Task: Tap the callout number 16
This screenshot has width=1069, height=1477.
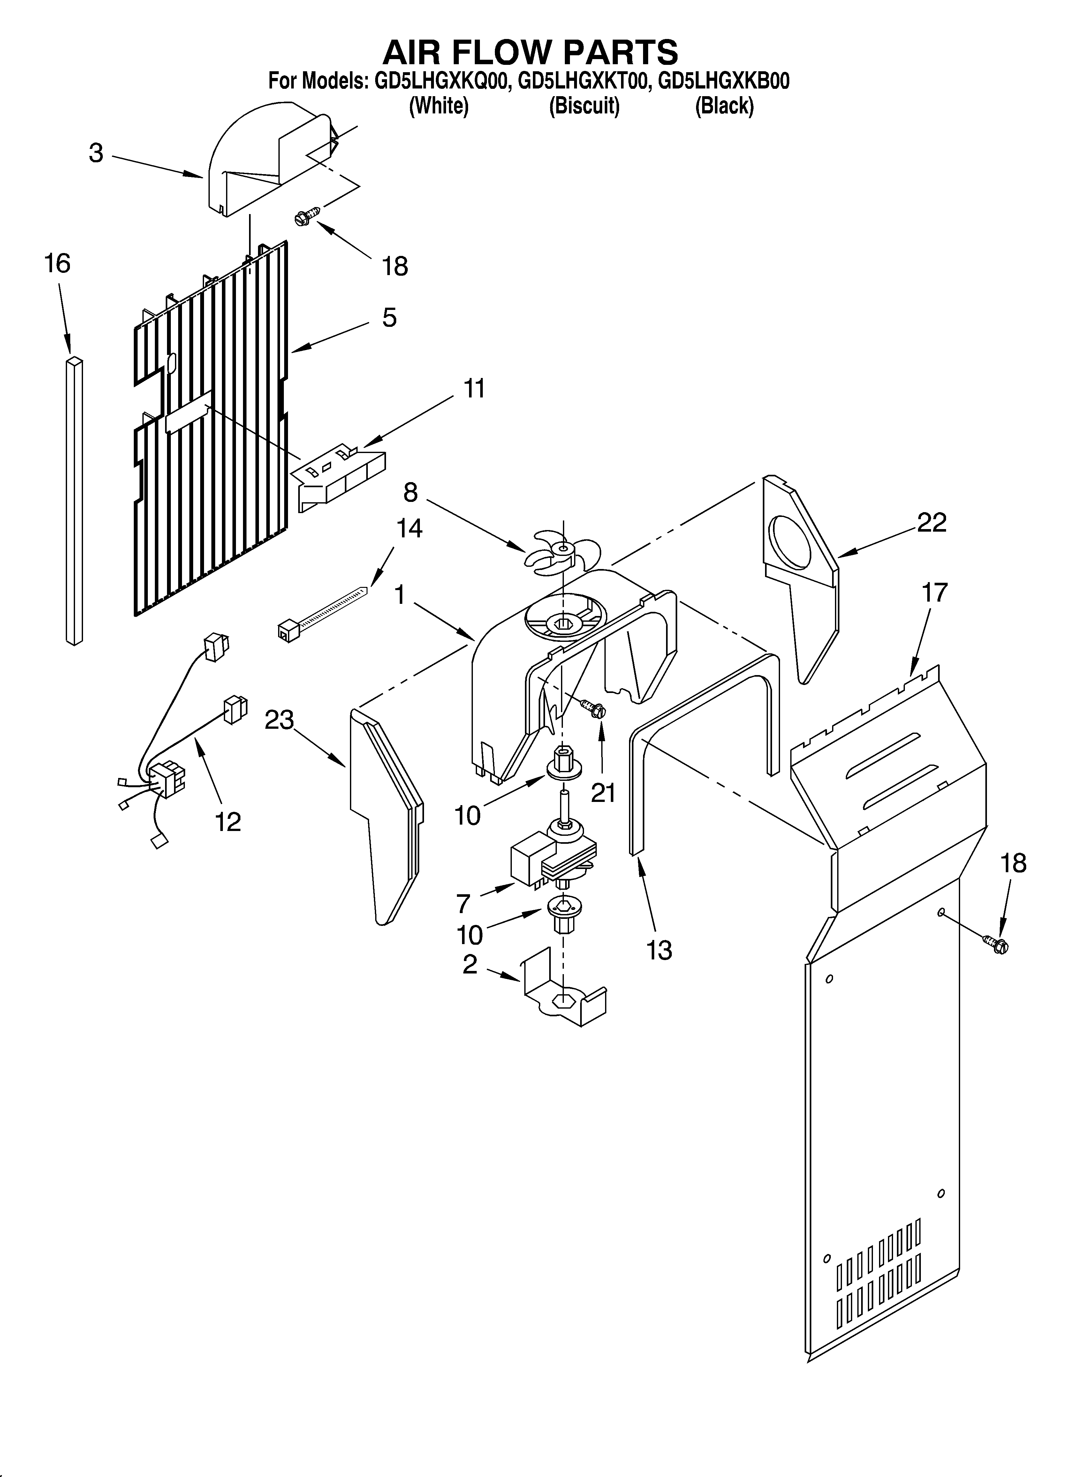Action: point(57,264)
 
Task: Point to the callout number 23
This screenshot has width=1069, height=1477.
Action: point(279,720)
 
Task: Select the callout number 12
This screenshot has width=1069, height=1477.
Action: point(228,822)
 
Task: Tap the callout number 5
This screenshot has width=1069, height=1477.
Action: point(389,318)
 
